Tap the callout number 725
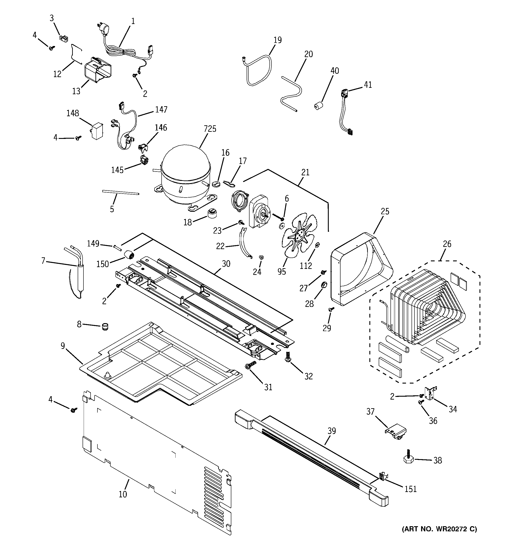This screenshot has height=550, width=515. tap(210, 129)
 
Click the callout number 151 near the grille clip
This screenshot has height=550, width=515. tap(410, 489)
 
